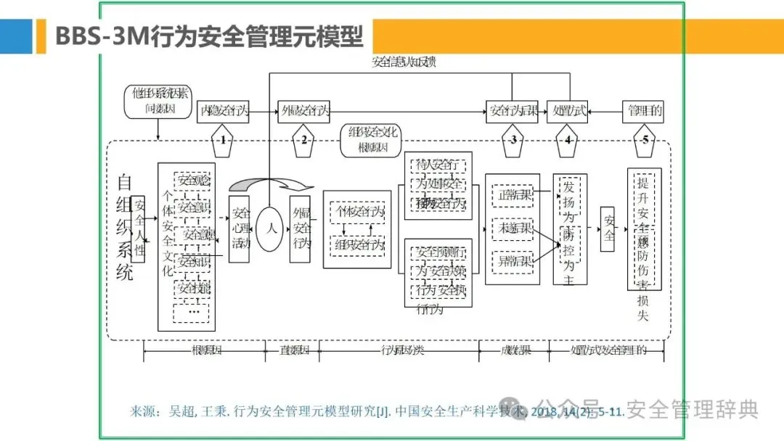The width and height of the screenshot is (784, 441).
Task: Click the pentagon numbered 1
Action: pos(224,140)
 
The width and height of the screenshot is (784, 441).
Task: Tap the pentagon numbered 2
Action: pos(304,140)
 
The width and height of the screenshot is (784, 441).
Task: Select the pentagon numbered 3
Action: pos(513,140)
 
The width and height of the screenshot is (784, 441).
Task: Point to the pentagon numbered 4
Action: pos(567,140)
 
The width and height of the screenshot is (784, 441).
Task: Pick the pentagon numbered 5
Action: pos(644,140)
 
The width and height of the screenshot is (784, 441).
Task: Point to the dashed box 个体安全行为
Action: pos(358,212)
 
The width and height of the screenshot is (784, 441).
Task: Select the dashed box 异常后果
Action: pos(513,260)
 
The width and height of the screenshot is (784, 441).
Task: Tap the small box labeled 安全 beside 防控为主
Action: pos(608,228)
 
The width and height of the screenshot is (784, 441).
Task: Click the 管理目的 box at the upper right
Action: pos(644,111)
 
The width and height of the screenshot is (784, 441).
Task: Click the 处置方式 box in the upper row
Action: pos(566,111)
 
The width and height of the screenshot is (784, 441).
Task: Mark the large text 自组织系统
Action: pos(124,227)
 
